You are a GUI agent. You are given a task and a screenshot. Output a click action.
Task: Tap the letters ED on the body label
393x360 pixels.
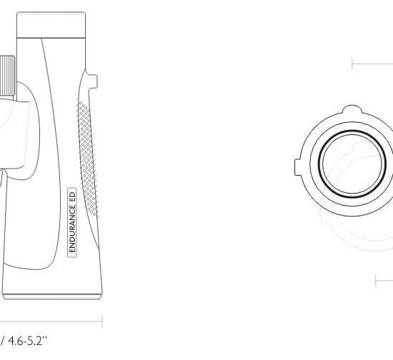pos(72,196)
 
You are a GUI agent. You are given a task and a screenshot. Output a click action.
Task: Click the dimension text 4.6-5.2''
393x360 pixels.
pos(28,341)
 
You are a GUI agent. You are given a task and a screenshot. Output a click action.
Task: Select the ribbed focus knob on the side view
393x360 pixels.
pos(7,76)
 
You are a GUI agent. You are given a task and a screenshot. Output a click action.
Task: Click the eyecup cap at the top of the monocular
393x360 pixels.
pos(51,24)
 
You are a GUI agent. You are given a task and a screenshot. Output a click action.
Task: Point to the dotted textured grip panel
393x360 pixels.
pos(87,159)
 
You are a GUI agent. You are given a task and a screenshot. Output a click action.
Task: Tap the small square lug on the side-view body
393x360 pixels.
pos(92,81)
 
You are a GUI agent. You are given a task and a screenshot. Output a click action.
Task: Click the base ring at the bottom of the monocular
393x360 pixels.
pos(52,297)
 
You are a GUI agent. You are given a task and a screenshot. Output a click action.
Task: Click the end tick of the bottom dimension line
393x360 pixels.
pos(102,321)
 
